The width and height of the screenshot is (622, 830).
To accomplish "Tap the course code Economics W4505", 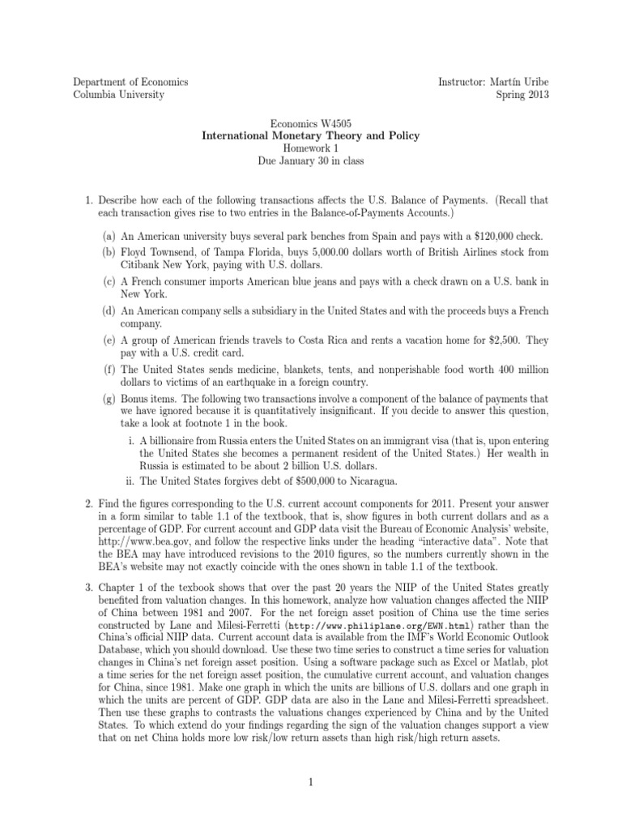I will coord(310,123).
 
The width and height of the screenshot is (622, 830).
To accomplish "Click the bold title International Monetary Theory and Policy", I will coord(310,136).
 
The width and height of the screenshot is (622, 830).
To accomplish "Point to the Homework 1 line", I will coord(310,148).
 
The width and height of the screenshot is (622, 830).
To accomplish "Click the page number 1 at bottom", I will coord(311,783).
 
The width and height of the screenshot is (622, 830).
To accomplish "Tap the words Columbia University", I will coord(118,95).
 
